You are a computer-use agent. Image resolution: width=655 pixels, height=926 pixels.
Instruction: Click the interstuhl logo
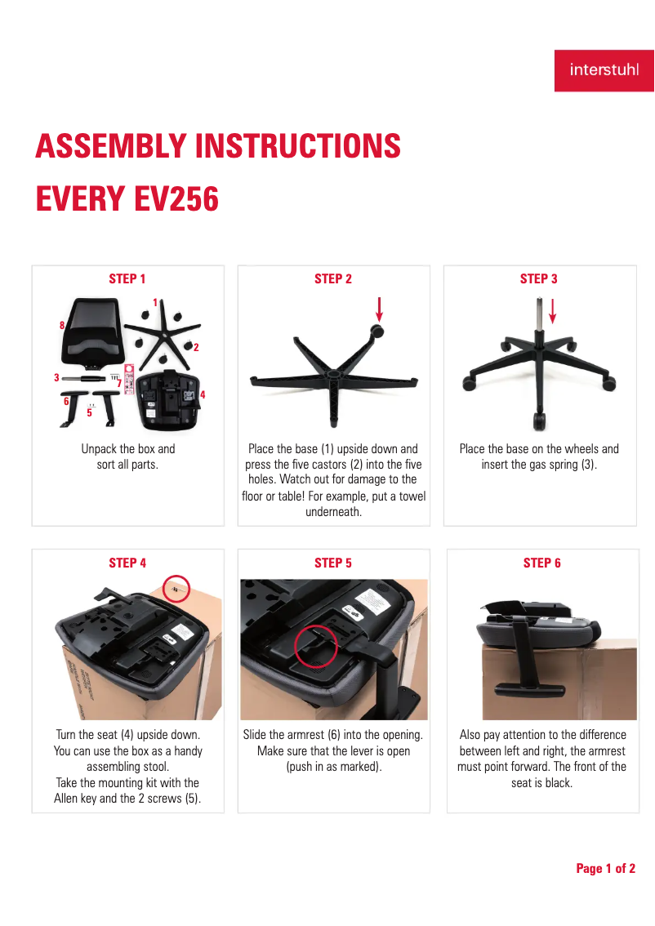click(604, 70)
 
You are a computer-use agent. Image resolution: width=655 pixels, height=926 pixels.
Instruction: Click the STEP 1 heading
click(127, 278)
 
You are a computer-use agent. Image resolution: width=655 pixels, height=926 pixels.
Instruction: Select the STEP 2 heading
click(333, 278)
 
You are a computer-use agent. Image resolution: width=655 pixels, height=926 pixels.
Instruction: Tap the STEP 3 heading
click(539, 278)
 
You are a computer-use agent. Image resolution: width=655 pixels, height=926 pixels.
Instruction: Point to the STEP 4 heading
click(127, 563)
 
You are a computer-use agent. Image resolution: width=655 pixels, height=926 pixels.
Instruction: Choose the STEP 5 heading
click(333, 563)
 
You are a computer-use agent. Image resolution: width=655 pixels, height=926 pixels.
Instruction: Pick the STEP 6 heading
click(542, 563)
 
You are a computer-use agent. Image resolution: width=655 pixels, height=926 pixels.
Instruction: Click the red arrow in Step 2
click(379, 309)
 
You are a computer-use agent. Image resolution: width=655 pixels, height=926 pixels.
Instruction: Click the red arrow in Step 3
click(553, 311)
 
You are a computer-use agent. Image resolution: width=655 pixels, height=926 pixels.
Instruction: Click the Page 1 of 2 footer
click(605, 868)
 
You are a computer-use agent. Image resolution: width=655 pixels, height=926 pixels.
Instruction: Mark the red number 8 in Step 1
click(62, 325)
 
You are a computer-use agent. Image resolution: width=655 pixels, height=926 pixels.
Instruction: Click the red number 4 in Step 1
click(203, 394)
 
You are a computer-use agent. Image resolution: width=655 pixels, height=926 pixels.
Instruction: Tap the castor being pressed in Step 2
click(377, 332)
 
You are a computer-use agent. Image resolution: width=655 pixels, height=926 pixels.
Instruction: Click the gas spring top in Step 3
click(539, 301)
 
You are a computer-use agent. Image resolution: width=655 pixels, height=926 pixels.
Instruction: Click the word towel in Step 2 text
click(412, 496)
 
